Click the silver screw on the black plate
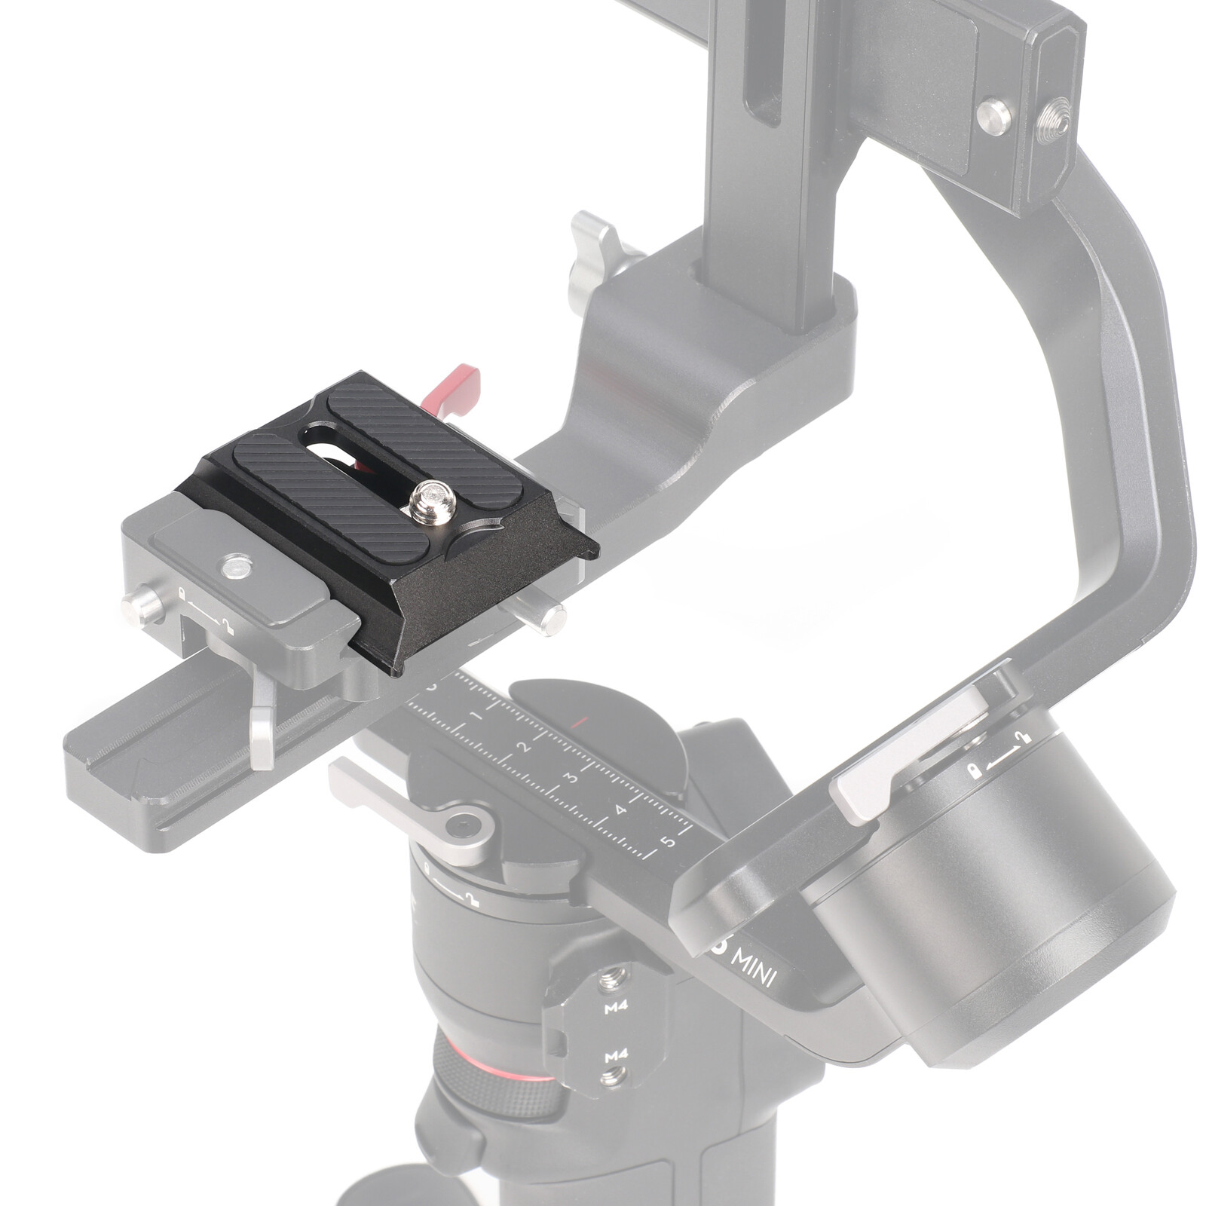(433, 499)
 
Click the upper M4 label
(616, 1006)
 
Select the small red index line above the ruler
(580, 721)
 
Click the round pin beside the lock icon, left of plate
(142, 605)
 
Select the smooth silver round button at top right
(994, 117)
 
